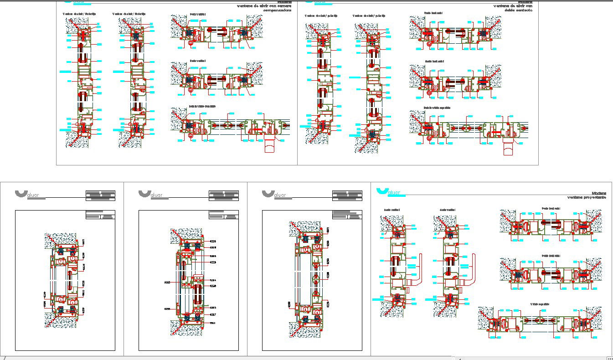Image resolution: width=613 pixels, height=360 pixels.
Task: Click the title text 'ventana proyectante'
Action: [587, 198]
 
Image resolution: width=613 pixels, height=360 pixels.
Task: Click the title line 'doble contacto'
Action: [519, 10]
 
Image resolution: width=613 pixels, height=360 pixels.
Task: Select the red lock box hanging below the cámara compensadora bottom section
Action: [269, 146]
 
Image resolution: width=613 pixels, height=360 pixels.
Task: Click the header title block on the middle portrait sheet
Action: [223, 195]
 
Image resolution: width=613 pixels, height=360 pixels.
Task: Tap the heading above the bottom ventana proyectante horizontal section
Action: [540, 304]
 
